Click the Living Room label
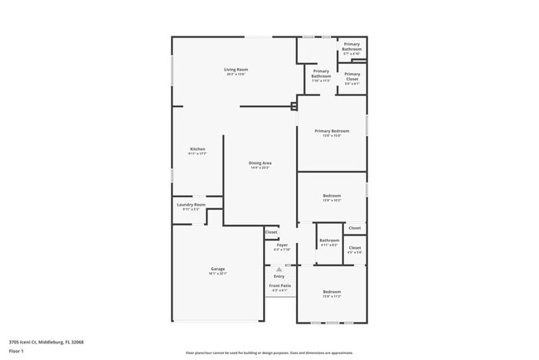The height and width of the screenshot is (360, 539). [236, 70]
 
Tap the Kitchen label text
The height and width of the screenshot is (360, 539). [197, 149]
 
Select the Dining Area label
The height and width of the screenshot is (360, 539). [260, 163]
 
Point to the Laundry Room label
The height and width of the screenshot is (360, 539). [191, 204]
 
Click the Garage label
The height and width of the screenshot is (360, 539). [217, 269]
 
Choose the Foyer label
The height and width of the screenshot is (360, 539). [282, 245]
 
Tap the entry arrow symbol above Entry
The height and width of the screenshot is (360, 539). [279, 270]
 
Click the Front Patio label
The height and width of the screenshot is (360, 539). [279, 285]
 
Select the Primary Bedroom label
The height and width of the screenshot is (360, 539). [332, 131]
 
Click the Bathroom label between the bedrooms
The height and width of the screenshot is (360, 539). [329, 241]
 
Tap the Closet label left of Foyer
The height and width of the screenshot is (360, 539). [271, 232]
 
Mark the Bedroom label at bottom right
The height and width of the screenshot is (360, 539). [332, 292]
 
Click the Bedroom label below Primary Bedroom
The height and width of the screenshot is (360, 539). [332, 196]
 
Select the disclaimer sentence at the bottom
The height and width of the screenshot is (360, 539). [269, 353]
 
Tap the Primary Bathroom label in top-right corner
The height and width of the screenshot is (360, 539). [352, 46]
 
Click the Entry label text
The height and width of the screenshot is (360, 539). [279, 276]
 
